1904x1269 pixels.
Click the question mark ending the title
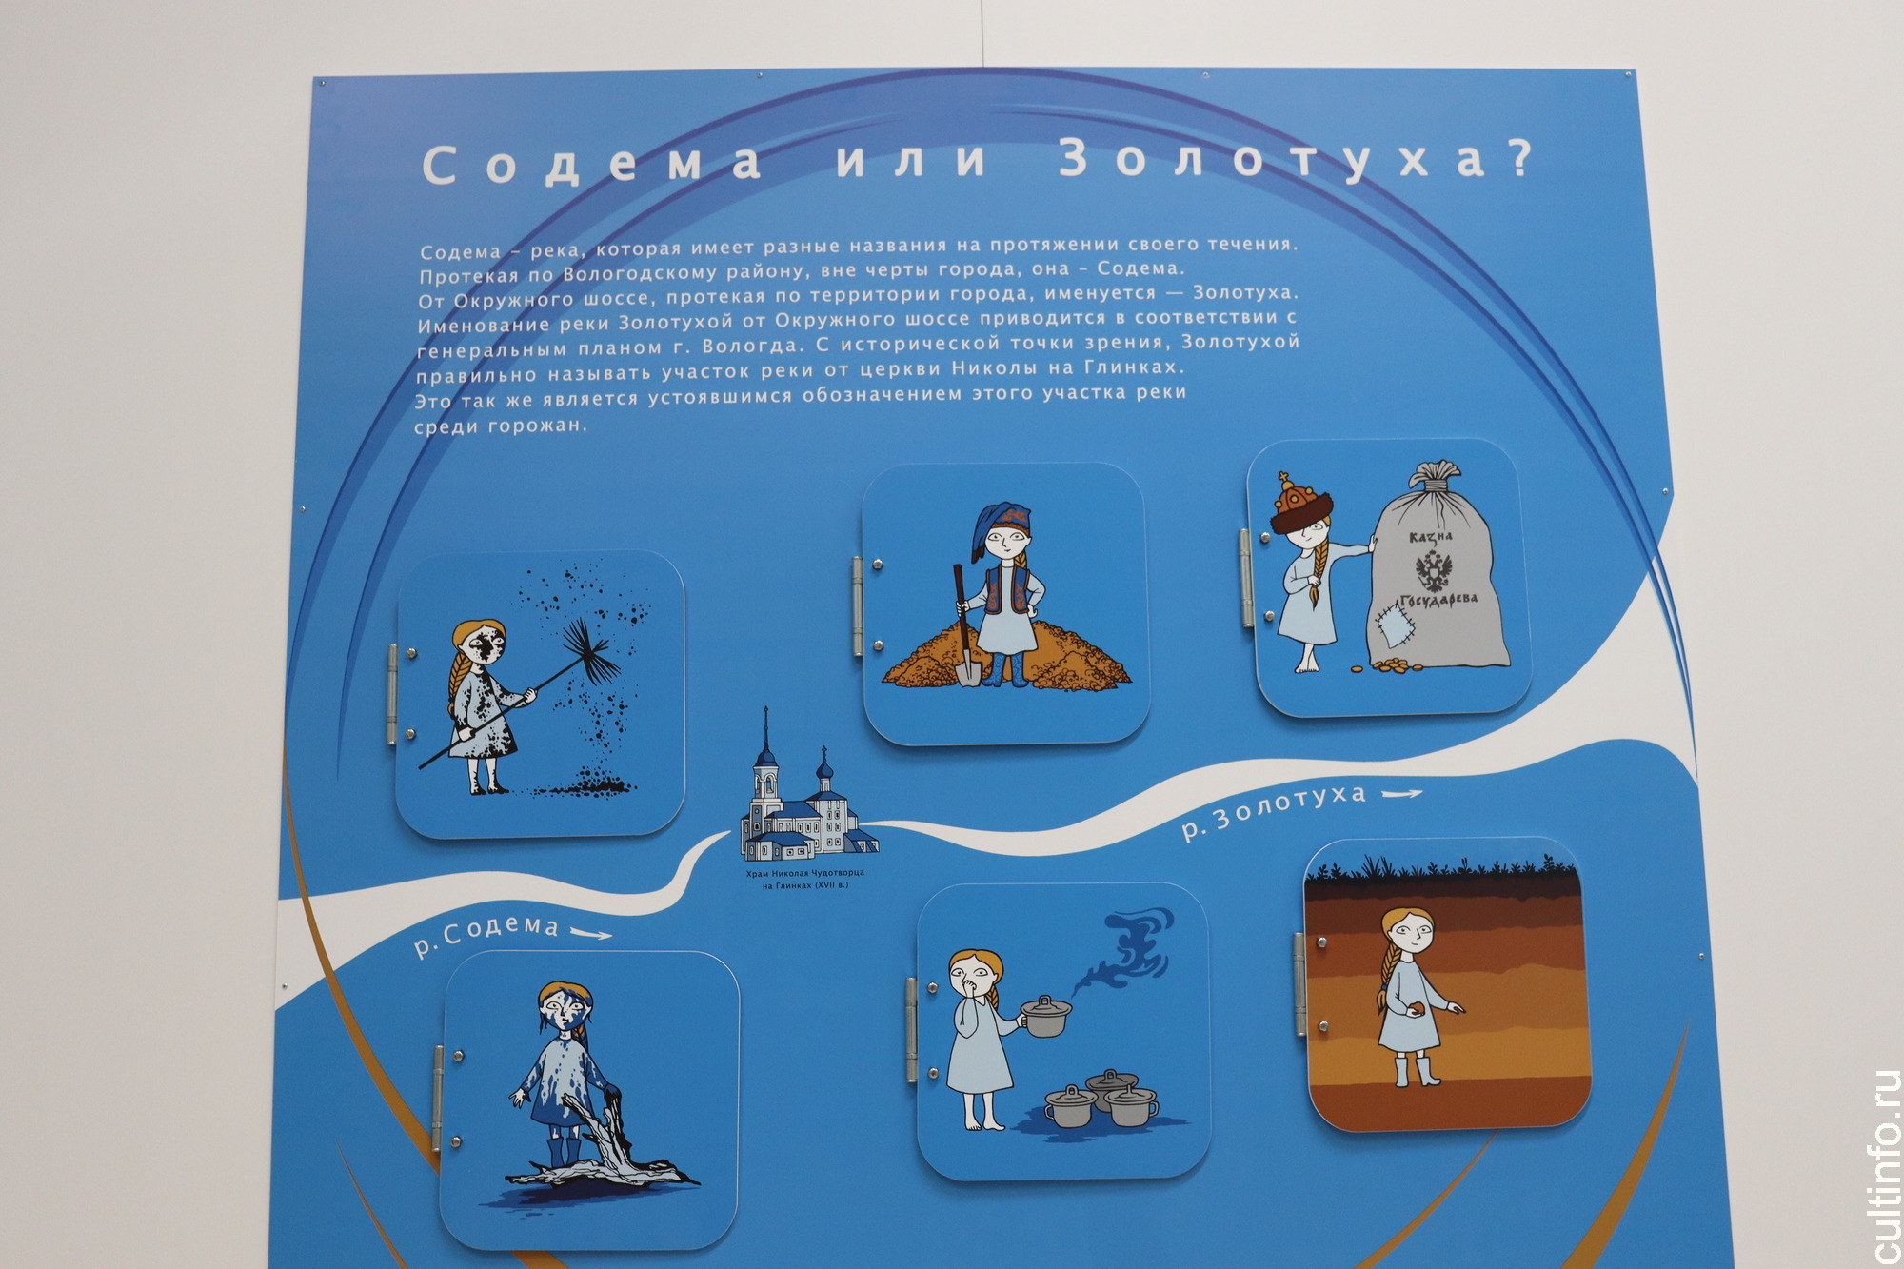click(x=1520, y=156)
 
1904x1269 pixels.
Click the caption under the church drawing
click(x=805, y=879)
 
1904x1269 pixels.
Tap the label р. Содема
click(x=486, y=932)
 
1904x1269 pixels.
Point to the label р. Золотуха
click(x=1274, y=810)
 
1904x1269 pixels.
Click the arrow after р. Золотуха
click(x=1401, y=793)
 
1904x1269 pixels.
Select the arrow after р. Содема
click(x=590, y=934)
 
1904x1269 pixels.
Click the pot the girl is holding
click(x=1045, y=1016)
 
